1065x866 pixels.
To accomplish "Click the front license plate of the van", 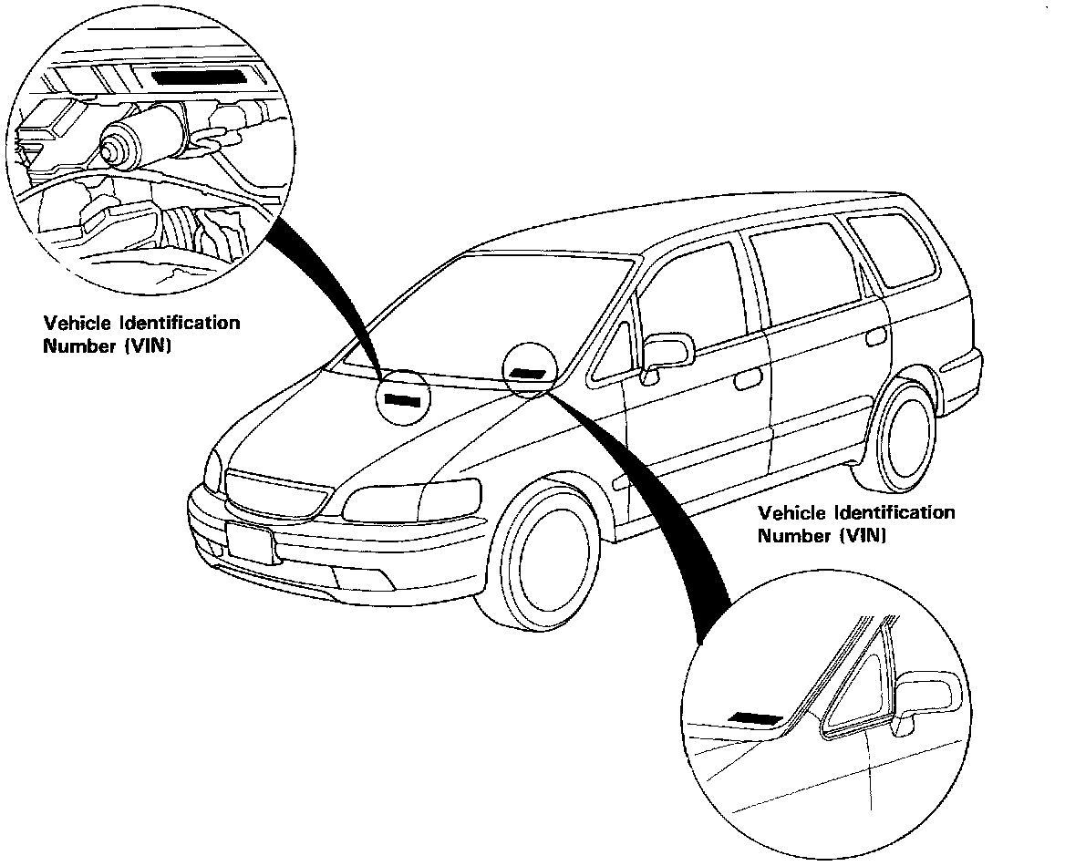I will [x=249, y=545].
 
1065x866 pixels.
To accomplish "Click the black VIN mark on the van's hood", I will [x=402, y=398].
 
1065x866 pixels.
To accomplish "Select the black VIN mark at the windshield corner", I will [x=527, y=372].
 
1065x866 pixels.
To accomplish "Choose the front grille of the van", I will [x=274, y=493].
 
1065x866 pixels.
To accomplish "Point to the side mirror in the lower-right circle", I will [x=927, y=696].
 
